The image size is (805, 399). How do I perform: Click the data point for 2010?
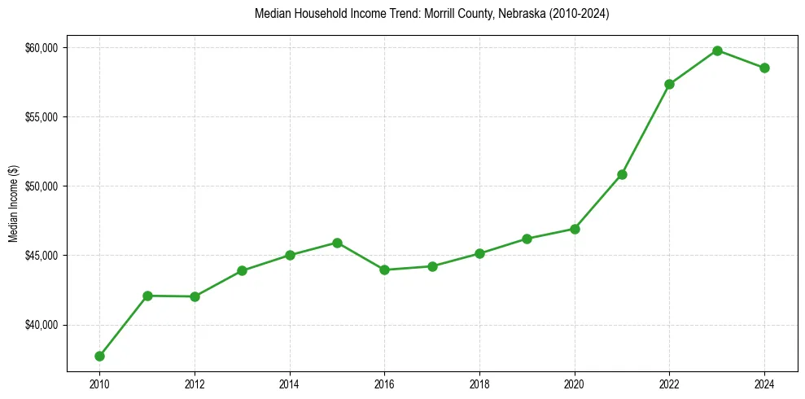99,356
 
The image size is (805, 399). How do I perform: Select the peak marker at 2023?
717,50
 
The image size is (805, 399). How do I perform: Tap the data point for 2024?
764,68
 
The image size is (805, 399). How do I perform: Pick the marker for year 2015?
337,243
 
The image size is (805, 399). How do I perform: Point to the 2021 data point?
622,174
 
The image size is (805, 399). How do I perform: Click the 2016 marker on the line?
384,270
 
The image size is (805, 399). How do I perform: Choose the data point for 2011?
147,296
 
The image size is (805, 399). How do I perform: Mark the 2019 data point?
527,239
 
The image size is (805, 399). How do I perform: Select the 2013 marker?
242,270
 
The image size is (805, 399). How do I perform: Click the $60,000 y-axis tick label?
42,48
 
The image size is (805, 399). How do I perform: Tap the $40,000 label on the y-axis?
42,326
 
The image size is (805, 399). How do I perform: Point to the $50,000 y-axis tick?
42,186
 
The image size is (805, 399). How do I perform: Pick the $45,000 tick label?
42,256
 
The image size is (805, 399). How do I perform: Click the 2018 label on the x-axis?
479,383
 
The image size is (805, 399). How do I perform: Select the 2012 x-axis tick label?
195,383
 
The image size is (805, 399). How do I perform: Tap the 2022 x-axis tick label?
669,383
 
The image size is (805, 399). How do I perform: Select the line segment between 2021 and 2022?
645,129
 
